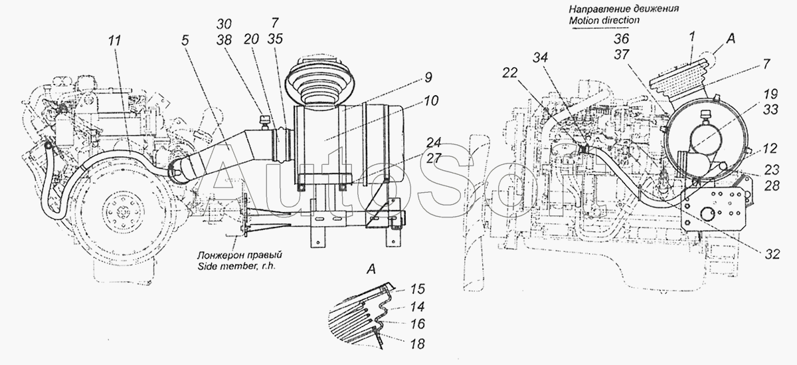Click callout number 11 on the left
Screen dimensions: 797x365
[x=115, y=41]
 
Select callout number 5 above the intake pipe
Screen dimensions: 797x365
[x=185, y=41]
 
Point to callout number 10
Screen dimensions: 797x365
[x=431, y=101]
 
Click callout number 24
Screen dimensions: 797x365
[x=434, y=143]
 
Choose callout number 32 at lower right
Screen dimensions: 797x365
[x=772, y=254]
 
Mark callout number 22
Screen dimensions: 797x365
[x=511, y=73]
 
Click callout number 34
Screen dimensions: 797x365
[x=540, y=58]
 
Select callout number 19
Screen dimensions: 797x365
[x=770, y=94]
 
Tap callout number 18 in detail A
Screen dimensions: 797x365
[x=417, y=344]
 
